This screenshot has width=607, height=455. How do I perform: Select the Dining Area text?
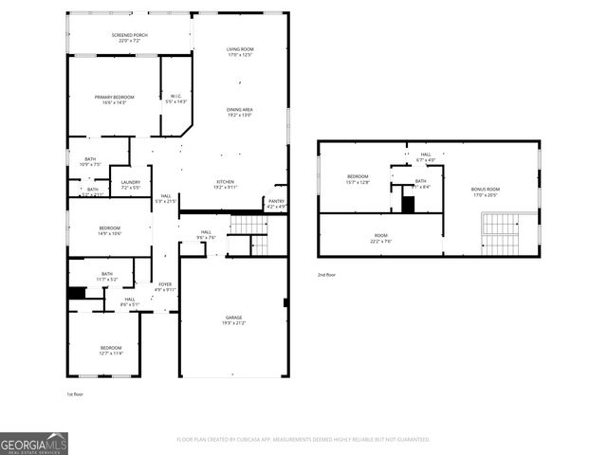[x=239, y=112]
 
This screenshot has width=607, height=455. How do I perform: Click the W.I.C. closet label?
[x=176, y=99]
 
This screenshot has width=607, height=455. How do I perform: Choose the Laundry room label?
[x=131, y=185]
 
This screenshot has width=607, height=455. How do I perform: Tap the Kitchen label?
[x=225, y=185]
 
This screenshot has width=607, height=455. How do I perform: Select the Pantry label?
[x=276, y=203]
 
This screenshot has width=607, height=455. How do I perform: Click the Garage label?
[x=233, y=320]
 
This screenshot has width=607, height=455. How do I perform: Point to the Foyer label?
[x=165, y=286]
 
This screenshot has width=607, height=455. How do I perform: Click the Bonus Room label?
[x=485, y=191]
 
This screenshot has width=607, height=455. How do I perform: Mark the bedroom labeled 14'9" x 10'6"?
[x=110, y=230]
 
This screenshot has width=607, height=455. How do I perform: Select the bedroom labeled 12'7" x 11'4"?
[x=111, y=351]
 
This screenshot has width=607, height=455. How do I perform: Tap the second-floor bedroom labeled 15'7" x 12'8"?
[x=358, y=179]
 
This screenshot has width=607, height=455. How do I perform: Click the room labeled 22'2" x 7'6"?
[x=380, y=238]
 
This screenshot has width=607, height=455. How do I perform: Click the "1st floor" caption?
[x=76, y=393]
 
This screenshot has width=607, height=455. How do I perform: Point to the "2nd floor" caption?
[x=327, y=275]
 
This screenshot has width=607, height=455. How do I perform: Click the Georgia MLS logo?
[x=34, y=443]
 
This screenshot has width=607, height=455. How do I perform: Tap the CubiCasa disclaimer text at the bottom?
[x=303, y=440]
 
